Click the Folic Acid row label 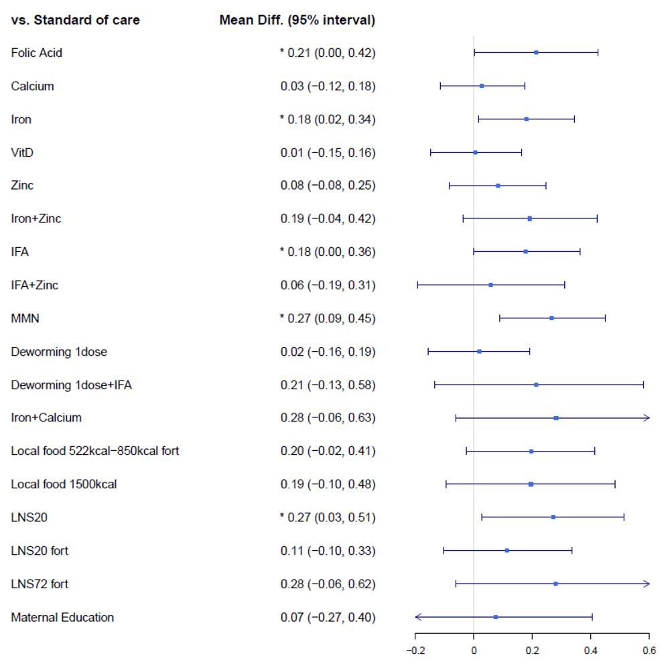(37, 53)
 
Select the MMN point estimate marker (551, 318)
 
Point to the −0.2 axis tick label (415, 649)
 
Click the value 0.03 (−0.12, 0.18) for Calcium (328, 86)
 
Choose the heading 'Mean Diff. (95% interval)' (297, 20)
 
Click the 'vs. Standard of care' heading (76, 20)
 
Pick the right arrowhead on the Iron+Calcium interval (647, 418)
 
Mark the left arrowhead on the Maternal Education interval (417, 617)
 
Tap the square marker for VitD (475, 153)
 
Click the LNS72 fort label (40, 584)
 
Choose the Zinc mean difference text (328, 186)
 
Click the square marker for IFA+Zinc (491, 285)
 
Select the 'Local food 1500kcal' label (64, 484)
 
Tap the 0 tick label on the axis (474, 649)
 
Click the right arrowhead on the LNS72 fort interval (647, 584)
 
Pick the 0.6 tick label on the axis (649, 649)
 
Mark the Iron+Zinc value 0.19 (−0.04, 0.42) (328, 219)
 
